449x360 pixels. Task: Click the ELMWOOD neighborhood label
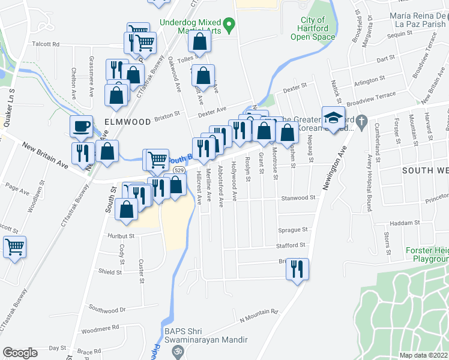coord(127,121)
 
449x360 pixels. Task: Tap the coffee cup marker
coord(81,127)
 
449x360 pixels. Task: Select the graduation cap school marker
coord(332,118)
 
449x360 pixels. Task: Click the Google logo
coord(20,353)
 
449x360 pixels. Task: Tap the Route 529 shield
coord(178,171)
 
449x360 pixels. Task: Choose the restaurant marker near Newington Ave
coord(297,269)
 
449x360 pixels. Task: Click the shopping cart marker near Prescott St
coord(14,246)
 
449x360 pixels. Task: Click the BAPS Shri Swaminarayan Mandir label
coord(205,335)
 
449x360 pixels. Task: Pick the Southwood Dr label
coord(107,310)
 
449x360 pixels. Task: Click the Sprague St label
coord(294,230)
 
